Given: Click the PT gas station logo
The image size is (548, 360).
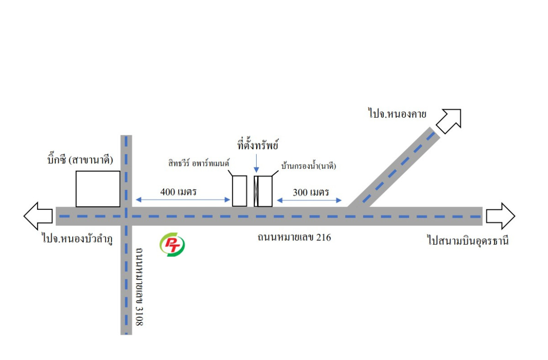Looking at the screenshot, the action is tap(172, 245).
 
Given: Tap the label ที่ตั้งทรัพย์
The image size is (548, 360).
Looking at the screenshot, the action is tap(258, 145).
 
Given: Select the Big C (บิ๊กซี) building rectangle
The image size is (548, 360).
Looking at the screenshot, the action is tap(98, 189).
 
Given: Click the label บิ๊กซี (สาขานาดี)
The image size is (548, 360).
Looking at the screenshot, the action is tap(80, 160).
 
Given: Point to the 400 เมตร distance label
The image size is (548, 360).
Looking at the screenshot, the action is tap(179, 192).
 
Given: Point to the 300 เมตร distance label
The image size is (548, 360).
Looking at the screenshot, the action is tap(311, 193).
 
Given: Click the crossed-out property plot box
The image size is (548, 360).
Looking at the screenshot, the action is tap(256, 191).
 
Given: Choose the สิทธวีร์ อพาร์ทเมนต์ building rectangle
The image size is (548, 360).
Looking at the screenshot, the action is tap(239, 191).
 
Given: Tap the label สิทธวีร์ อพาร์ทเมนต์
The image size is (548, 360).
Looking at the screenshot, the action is tap(199, 163).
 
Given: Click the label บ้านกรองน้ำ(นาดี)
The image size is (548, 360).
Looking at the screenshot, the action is tap(309, 166).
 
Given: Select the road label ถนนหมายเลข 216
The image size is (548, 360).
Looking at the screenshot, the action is tap(294, 237).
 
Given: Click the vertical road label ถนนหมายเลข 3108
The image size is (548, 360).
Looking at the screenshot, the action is tap(139, 287).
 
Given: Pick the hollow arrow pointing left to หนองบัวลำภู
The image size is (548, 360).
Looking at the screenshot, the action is tap(38, 216).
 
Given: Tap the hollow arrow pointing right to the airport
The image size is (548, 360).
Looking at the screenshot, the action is tap(501, 216).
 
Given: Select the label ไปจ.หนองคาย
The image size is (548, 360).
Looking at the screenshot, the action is tap(397, 114).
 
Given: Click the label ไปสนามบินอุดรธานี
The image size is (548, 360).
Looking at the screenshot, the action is tap(468, 240).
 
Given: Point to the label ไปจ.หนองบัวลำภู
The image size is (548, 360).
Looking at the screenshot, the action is tap(78, 239).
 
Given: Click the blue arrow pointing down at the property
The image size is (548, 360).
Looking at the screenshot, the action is tap(256, 163).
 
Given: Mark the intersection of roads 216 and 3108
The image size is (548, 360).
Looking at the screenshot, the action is tap(126, 216).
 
